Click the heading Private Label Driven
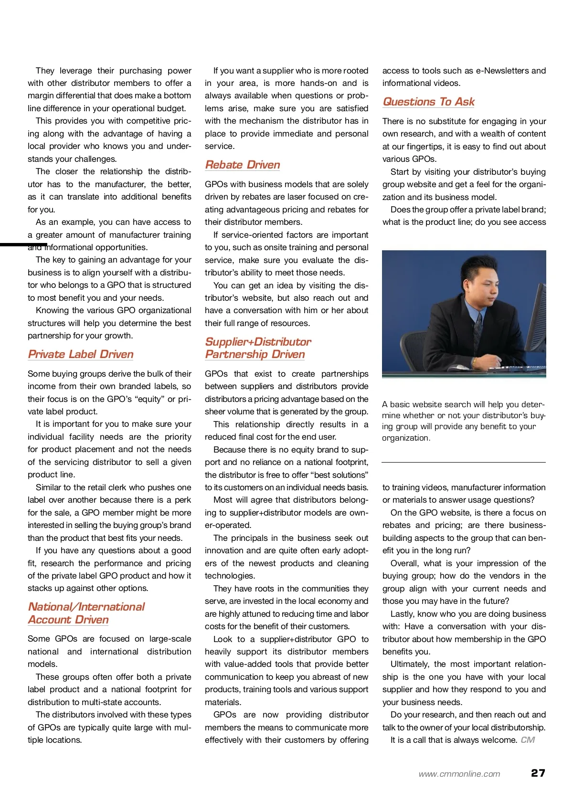[81, 354]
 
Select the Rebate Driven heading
[243, 165]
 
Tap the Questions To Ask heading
[428, 102]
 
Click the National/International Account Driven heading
[86, 613]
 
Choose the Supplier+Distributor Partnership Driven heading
[258, 348]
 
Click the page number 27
[538, 773]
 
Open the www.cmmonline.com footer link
[459, 774]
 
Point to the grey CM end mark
[528, 740]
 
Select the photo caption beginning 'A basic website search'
[463, 421]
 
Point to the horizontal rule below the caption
[463, 462]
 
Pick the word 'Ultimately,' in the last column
[411, 664]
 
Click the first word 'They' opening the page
[45, 71]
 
